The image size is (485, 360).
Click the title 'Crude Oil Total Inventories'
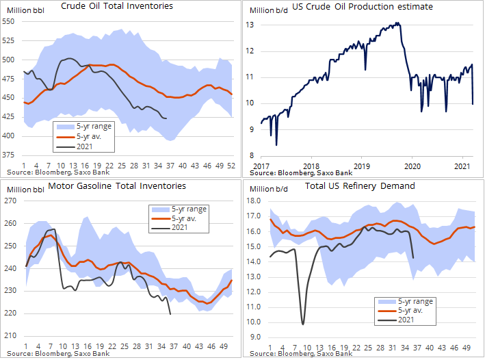(x=117, y=6)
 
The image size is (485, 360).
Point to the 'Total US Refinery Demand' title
(x=360, y=185)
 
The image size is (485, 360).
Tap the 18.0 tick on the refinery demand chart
(x=254, y=201)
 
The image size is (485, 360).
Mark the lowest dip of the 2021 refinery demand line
(x=302, y=324)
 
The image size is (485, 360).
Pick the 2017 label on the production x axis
(x=261, y=166)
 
